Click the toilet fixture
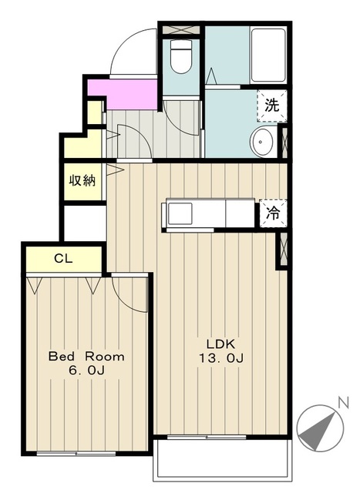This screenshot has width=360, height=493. [181, 56]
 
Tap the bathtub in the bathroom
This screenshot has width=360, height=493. [268, 55]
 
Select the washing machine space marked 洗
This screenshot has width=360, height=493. [272, 106]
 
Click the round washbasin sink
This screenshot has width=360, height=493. [262, 142]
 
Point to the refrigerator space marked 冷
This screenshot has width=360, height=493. [273, 213]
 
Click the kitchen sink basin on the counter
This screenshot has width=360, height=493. [180, 213]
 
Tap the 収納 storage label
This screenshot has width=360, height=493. [82, 180]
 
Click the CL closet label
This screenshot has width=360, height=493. [63, 259]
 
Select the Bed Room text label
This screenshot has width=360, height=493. [86, 357]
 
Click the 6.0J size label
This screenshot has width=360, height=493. [86, 371]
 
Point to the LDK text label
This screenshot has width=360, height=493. [220, 344]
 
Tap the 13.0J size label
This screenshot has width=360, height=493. [221, 357]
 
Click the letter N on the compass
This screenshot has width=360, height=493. [343, 402]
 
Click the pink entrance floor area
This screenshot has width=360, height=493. [123, 94]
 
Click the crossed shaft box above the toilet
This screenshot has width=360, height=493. [181, 30]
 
